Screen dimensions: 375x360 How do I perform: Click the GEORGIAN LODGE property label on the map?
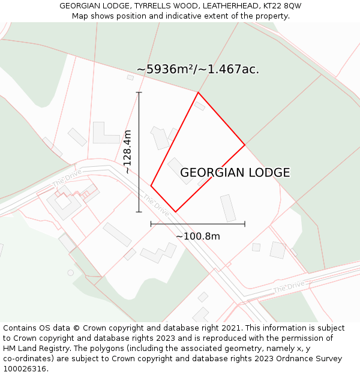point(235,173)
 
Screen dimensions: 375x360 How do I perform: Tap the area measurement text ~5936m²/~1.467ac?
point(198,70)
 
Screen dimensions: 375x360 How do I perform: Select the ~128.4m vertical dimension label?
point(127,152)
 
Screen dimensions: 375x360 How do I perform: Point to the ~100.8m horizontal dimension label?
point(198,236)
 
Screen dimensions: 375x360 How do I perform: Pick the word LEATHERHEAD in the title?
point(229,5)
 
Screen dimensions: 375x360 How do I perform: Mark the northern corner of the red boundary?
point(198,92)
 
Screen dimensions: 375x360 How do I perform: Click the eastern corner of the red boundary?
point(245,145)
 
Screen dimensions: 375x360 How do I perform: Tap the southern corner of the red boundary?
point(175,212)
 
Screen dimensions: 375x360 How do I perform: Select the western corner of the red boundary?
point(151,186)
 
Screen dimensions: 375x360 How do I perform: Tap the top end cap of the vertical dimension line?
point(139,92)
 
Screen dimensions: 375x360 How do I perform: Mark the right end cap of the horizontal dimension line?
point(245,224)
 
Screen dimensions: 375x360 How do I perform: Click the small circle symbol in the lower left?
point(71,272)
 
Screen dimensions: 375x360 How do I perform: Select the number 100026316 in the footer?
point(24,369)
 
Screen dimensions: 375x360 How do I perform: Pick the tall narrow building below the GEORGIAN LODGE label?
point(228,208)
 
